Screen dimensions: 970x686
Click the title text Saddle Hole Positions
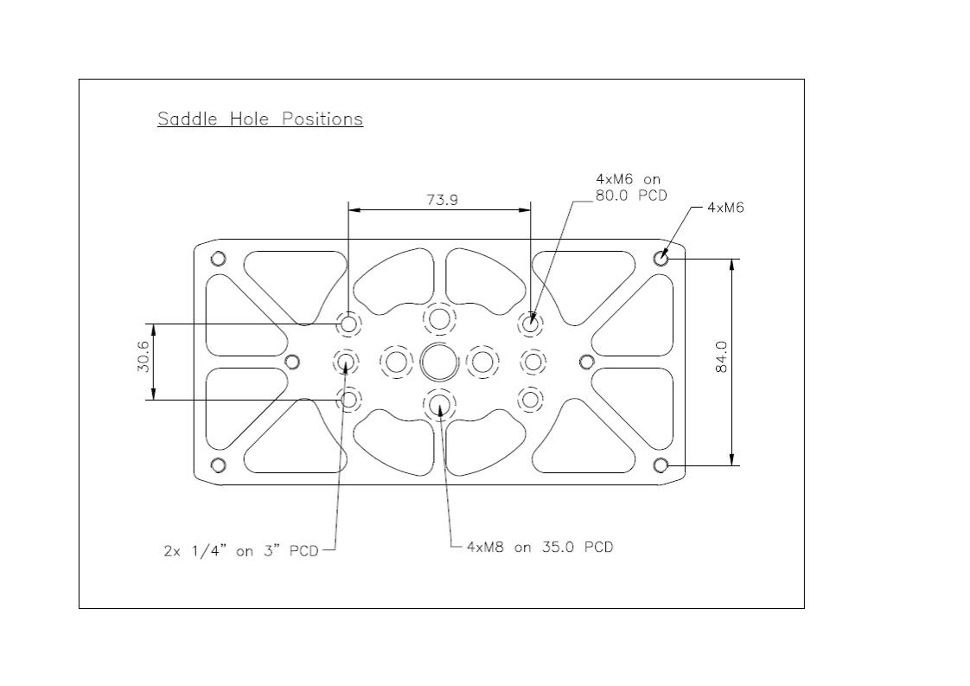[x=260, y=119]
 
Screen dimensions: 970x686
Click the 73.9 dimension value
[x=443, y=200]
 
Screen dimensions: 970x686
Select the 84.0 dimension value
[x=721, y=357]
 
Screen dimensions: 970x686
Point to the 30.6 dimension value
[x=143, y=356]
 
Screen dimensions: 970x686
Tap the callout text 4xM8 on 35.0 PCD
[x=540, y=547]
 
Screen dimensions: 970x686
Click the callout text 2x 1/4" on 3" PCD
[x=240, y=550]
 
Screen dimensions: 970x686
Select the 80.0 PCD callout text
[x=632, y=196]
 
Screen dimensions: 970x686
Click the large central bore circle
[x=439, y=362]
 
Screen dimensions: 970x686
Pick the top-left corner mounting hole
[x=218, y=258]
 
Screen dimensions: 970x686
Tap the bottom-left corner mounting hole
[x=218, y=465]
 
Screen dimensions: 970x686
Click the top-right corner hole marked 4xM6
[x=660, y=258]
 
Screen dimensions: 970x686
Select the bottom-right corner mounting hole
[x=660, y=465]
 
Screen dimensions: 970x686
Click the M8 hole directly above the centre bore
[x=439, y=319]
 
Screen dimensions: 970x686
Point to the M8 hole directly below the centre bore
[x=439, y=404]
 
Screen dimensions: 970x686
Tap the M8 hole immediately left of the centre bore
[x=396, y=362]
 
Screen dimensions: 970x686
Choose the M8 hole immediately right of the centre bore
[x=482, y=362]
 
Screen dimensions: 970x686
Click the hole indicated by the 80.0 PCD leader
[x=530, y=324]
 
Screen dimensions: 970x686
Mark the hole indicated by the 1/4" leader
[x=346, y=362]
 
